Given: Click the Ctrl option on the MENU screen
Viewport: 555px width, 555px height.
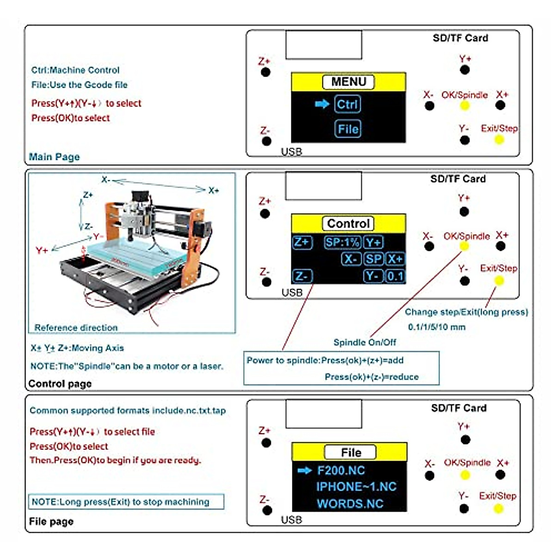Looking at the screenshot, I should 347,104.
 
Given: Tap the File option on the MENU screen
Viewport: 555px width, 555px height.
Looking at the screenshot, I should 348,129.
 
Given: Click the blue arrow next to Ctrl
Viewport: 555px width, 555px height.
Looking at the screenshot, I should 322,104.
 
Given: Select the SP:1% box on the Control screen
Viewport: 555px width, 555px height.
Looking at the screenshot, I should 342,242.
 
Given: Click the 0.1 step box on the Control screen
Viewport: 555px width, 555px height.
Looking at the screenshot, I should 395,277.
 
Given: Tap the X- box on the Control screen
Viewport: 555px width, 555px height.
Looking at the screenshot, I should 351,259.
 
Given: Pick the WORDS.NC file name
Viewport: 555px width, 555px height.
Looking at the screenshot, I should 350,504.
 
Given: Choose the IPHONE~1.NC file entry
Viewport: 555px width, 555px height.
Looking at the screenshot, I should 356,487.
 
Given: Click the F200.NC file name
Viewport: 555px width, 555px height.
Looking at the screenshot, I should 341,471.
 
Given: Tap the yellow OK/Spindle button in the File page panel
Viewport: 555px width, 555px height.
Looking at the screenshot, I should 465,475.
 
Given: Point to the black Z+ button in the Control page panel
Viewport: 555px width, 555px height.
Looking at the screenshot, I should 265,214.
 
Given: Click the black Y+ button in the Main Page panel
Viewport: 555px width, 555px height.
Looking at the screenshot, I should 465,70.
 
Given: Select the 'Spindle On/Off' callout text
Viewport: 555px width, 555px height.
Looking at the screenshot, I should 364,342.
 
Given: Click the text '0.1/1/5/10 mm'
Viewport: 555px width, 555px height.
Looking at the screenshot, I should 437,327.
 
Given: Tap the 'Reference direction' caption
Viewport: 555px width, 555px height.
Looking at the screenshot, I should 76,327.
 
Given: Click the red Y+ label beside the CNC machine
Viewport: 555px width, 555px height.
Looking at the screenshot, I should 42,250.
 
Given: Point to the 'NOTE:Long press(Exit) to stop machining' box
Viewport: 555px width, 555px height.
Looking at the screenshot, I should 126,502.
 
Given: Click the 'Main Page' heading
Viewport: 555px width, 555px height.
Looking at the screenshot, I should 54,157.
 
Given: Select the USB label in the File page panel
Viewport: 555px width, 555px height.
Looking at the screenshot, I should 291,520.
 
